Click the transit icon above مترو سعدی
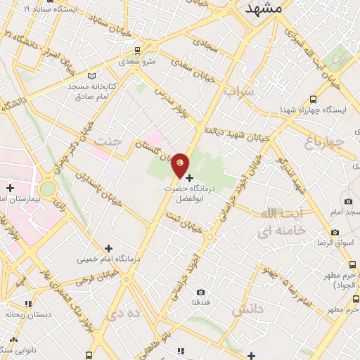136,51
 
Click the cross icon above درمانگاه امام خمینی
108,247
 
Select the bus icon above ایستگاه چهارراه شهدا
312,99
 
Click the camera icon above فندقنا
200,292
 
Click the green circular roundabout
47,188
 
